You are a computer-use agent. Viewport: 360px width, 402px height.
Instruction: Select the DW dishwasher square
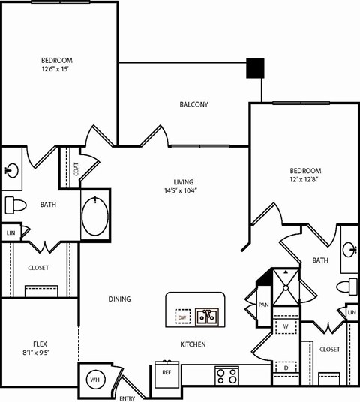click(182, 318)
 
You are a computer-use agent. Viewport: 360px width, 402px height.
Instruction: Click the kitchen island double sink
click(206, 316)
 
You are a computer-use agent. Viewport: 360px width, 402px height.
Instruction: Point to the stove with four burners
click(226, 375)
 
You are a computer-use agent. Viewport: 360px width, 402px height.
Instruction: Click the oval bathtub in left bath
click(95, 214)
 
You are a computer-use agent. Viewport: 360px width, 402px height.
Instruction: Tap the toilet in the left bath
click(15, 204)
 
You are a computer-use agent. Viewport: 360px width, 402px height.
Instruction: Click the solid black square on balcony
click(256, 68)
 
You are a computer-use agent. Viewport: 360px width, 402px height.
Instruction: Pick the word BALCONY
click(193, 104)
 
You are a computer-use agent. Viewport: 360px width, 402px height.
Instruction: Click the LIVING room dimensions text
click(184, 191)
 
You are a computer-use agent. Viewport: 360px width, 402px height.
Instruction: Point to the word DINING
click(119, 298)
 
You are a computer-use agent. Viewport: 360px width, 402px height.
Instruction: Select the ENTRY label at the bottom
click(127, 397)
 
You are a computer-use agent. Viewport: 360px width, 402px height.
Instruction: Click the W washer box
click(286, 327)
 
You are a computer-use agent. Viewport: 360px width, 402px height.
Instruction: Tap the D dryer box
click(286, 367)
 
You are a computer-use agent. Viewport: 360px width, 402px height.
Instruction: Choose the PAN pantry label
click(263, 304)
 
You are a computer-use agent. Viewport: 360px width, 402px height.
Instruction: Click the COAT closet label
click(76, 169)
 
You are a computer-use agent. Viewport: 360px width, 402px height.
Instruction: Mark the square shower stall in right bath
click(286, 285)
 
